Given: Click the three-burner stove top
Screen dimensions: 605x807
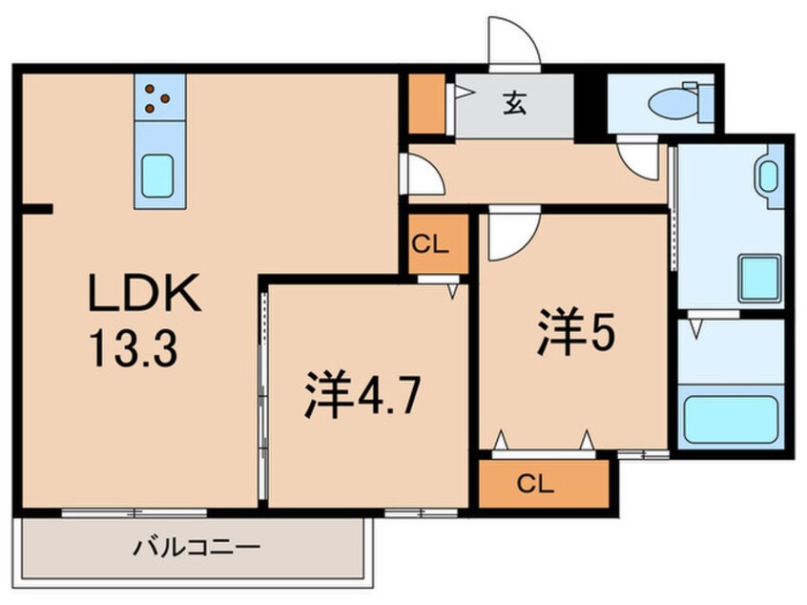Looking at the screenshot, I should tap(158, 95).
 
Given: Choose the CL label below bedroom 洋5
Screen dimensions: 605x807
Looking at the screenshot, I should tap(541, 484).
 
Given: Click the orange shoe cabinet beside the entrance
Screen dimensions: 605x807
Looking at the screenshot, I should tap(427, 103).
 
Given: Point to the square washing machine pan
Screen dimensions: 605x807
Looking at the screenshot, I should tap(758, 278).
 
